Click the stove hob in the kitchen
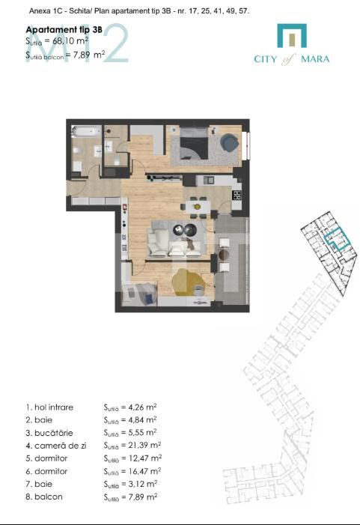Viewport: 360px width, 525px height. (x=237, y=195)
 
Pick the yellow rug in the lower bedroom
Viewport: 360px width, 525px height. (x=187, y=282)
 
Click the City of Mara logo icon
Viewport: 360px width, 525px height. (x=292, y=36)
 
